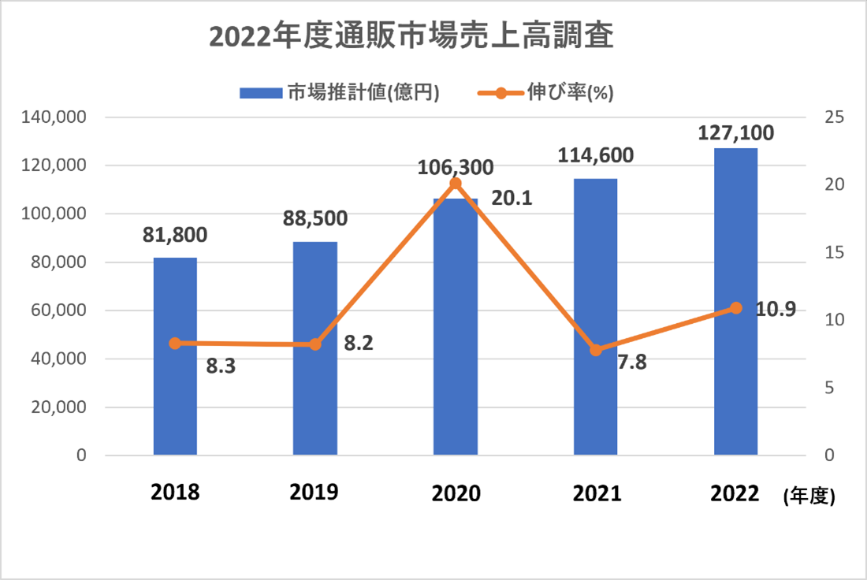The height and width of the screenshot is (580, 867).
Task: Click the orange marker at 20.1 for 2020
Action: (456, 184)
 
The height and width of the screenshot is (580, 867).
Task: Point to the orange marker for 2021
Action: (596, 350)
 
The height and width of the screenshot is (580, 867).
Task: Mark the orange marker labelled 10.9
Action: (736, 307)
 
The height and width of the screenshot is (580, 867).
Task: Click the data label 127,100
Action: (735, 132)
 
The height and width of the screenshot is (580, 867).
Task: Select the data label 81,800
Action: (175, 235)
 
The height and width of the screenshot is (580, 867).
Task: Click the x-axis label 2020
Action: (456, 494)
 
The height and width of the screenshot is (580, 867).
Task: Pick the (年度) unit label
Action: (809, 496)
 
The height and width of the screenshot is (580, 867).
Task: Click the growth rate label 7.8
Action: (631, 363)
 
